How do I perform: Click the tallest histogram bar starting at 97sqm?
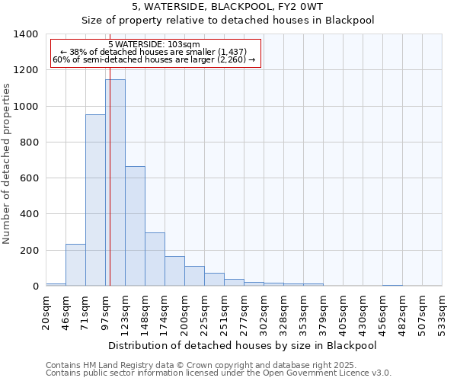pos(115,183)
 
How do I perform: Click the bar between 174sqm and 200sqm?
pos(174,271)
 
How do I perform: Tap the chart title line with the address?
pos(228,7)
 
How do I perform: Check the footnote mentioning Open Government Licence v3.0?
pos(219,373)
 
